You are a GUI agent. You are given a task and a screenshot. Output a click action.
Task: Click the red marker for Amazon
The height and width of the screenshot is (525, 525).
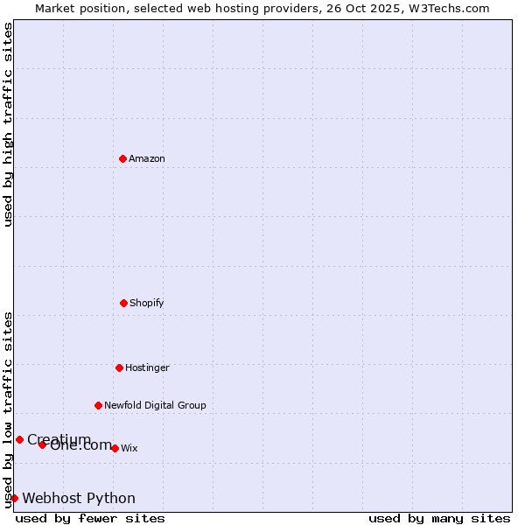pyautogui.click(x=123, y=158)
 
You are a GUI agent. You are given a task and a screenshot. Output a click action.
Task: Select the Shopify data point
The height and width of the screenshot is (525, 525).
pyautogui.click(x=124, y=303)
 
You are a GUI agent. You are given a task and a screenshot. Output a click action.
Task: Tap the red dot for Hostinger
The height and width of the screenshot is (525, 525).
pyautogui.click(x=120, y=367)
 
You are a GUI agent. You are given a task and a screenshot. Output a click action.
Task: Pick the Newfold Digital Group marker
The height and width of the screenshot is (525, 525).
pyautogui.click(x=99, y=405)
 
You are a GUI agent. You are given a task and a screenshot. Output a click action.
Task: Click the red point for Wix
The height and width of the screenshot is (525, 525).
pyautogui.click(x=115, y=448)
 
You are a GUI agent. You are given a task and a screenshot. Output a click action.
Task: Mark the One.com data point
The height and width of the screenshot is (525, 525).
pyautogui.click(x=42, y=444)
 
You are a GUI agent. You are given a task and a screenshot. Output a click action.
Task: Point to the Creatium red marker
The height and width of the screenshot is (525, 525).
pyautogui.click(x=19, y=439)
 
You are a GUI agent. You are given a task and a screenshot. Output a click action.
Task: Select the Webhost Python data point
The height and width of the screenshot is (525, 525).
pyautogui.click(x=14, y=498)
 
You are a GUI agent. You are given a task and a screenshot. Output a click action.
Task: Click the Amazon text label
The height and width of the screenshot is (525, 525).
pyautogui.click(x=147, y=158)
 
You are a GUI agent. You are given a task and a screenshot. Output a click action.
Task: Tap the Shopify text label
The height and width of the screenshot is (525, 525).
pyautogui.click(x=147, y=303)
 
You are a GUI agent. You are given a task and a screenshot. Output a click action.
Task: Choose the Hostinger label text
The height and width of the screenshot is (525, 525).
pyautogui.click(x=147, y=367)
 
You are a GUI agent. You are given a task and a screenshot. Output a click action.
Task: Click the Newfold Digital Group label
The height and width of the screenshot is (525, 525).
pyautogui.click(x=155, y=405)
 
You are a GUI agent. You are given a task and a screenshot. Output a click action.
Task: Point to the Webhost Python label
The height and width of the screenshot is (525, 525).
pyautogui.click(x=79, y=498)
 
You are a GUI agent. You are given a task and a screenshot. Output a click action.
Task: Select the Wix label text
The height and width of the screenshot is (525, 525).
pyautogui.click(x=129, y=448)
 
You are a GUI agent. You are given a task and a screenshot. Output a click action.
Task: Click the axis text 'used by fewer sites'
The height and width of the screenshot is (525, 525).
pyautogui.click(x=90, y=518)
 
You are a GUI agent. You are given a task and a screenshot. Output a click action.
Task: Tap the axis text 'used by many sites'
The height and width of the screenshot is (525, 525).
pyautogui.click(x=439, y=518)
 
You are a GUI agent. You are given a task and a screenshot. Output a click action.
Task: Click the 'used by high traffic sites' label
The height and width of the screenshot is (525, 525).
pyautogui.click(x=8, y=124)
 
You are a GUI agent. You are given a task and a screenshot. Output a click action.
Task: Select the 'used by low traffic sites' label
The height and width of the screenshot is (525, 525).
pyautogui.click(x=8, y=409)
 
